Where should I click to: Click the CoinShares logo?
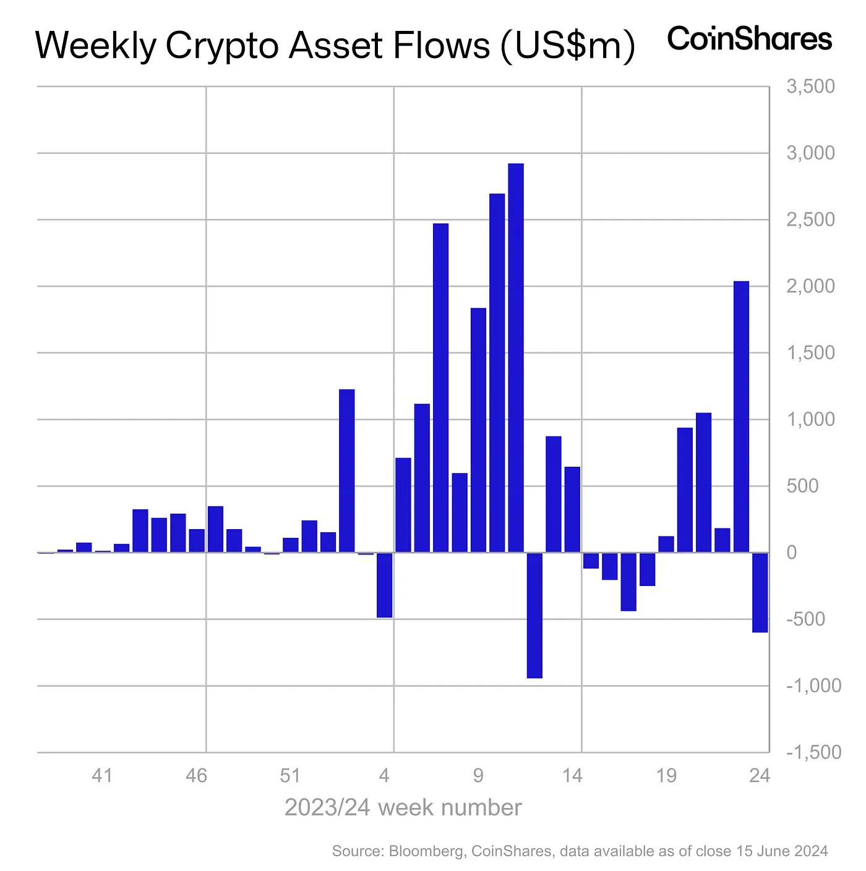[750, 39]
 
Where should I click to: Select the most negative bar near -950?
[534, 615]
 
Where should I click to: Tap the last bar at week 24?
[760, 592]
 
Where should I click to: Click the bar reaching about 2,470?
[440, 388]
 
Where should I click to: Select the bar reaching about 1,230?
[347, 470]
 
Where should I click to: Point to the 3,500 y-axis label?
[810, 87]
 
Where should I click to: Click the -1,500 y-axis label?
[813, 752]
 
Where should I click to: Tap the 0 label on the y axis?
[792, 553]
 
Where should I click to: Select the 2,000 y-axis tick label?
[810, 286]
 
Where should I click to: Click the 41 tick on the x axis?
[102, 775]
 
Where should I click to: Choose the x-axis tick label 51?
[290, 775]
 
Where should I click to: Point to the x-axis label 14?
[572, 775]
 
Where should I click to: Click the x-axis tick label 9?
[478, 775]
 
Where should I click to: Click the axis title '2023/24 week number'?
[403, 807]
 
